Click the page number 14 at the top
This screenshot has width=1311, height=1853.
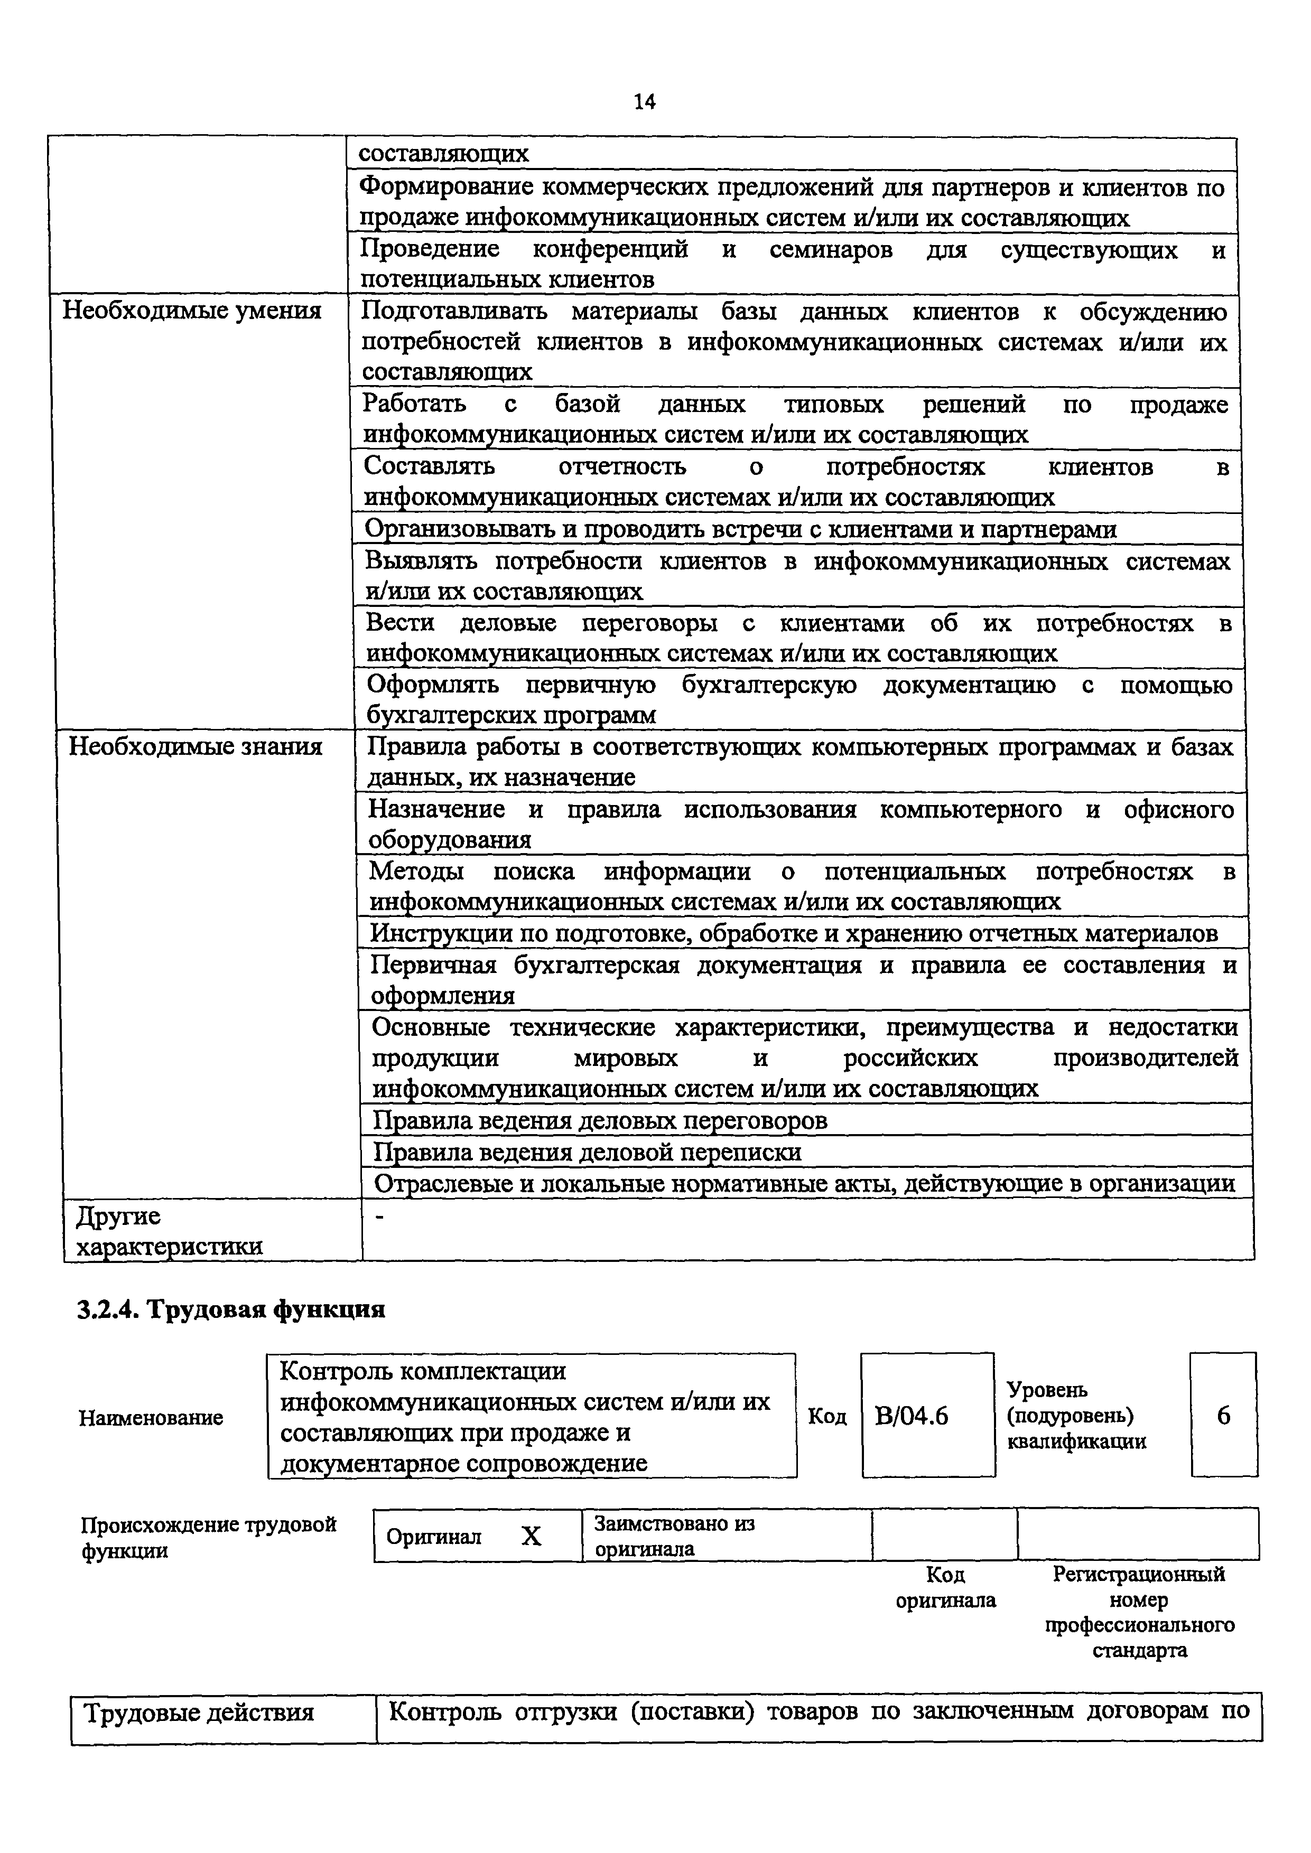(644, 102)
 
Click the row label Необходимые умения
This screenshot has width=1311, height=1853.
(192, 311)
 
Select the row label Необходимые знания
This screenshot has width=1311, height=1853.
(196, 746)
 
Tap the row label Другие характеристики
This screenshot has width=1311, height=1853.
(170, 1231)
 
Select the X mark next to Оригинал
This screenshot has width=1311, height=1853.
(531, 1537)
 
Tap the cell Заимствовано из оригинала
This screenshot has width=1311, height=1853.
(674, 1536)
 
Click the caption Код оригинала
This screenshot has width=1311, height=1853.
(945, 1587)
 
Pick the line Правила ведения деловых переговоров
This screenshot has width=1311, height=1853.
(601, 1120)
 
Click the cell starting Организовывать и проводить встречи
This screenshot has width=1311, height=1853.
(741, 529)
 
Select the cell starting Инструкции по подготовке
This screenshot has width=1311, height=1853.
(794, 934)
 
